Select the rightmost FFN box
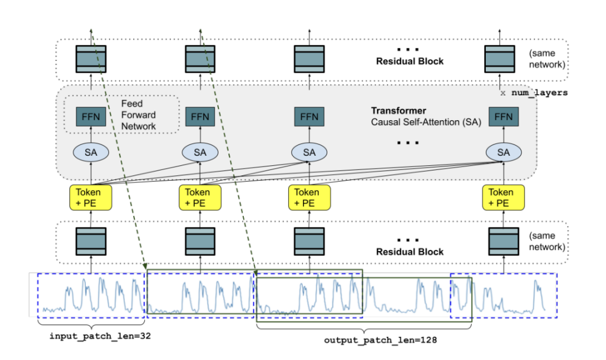point(503,117)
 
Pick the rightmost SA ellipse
point(503,152)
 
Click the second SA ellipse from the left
point(200,152)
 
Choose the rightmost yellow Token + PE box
point(503,197)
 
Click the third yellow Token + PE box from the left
point(310,197)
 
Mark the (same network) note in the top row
point(547,59)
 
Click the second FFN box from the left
point(200,117)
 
